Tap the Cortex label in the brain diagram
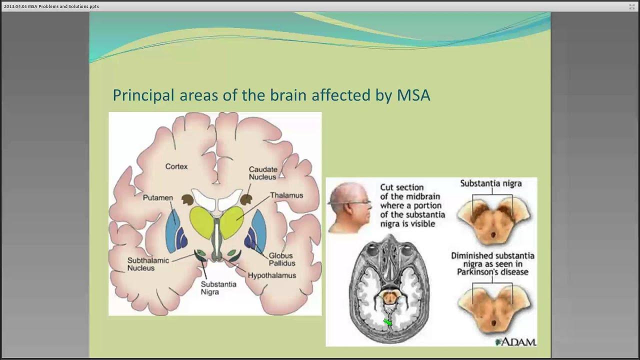[x=176, y=166]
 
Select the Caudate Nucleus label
[x=263, y=173]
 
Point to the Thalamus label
[x=286, y=195]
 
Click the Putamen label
[x=158, y=198]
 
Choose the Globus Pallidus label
[x=282, y=259]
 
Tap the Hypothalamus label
[x=272, y=275]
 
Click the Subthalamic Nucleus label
[x=148, y=264]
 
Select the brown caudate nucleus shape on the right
[x=246, y=200]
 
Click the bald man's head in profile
[x=348, y=205]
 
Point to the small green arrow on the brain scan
[x=387, y=322]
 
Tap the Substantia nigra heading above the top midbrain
[x=490, y=183]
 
